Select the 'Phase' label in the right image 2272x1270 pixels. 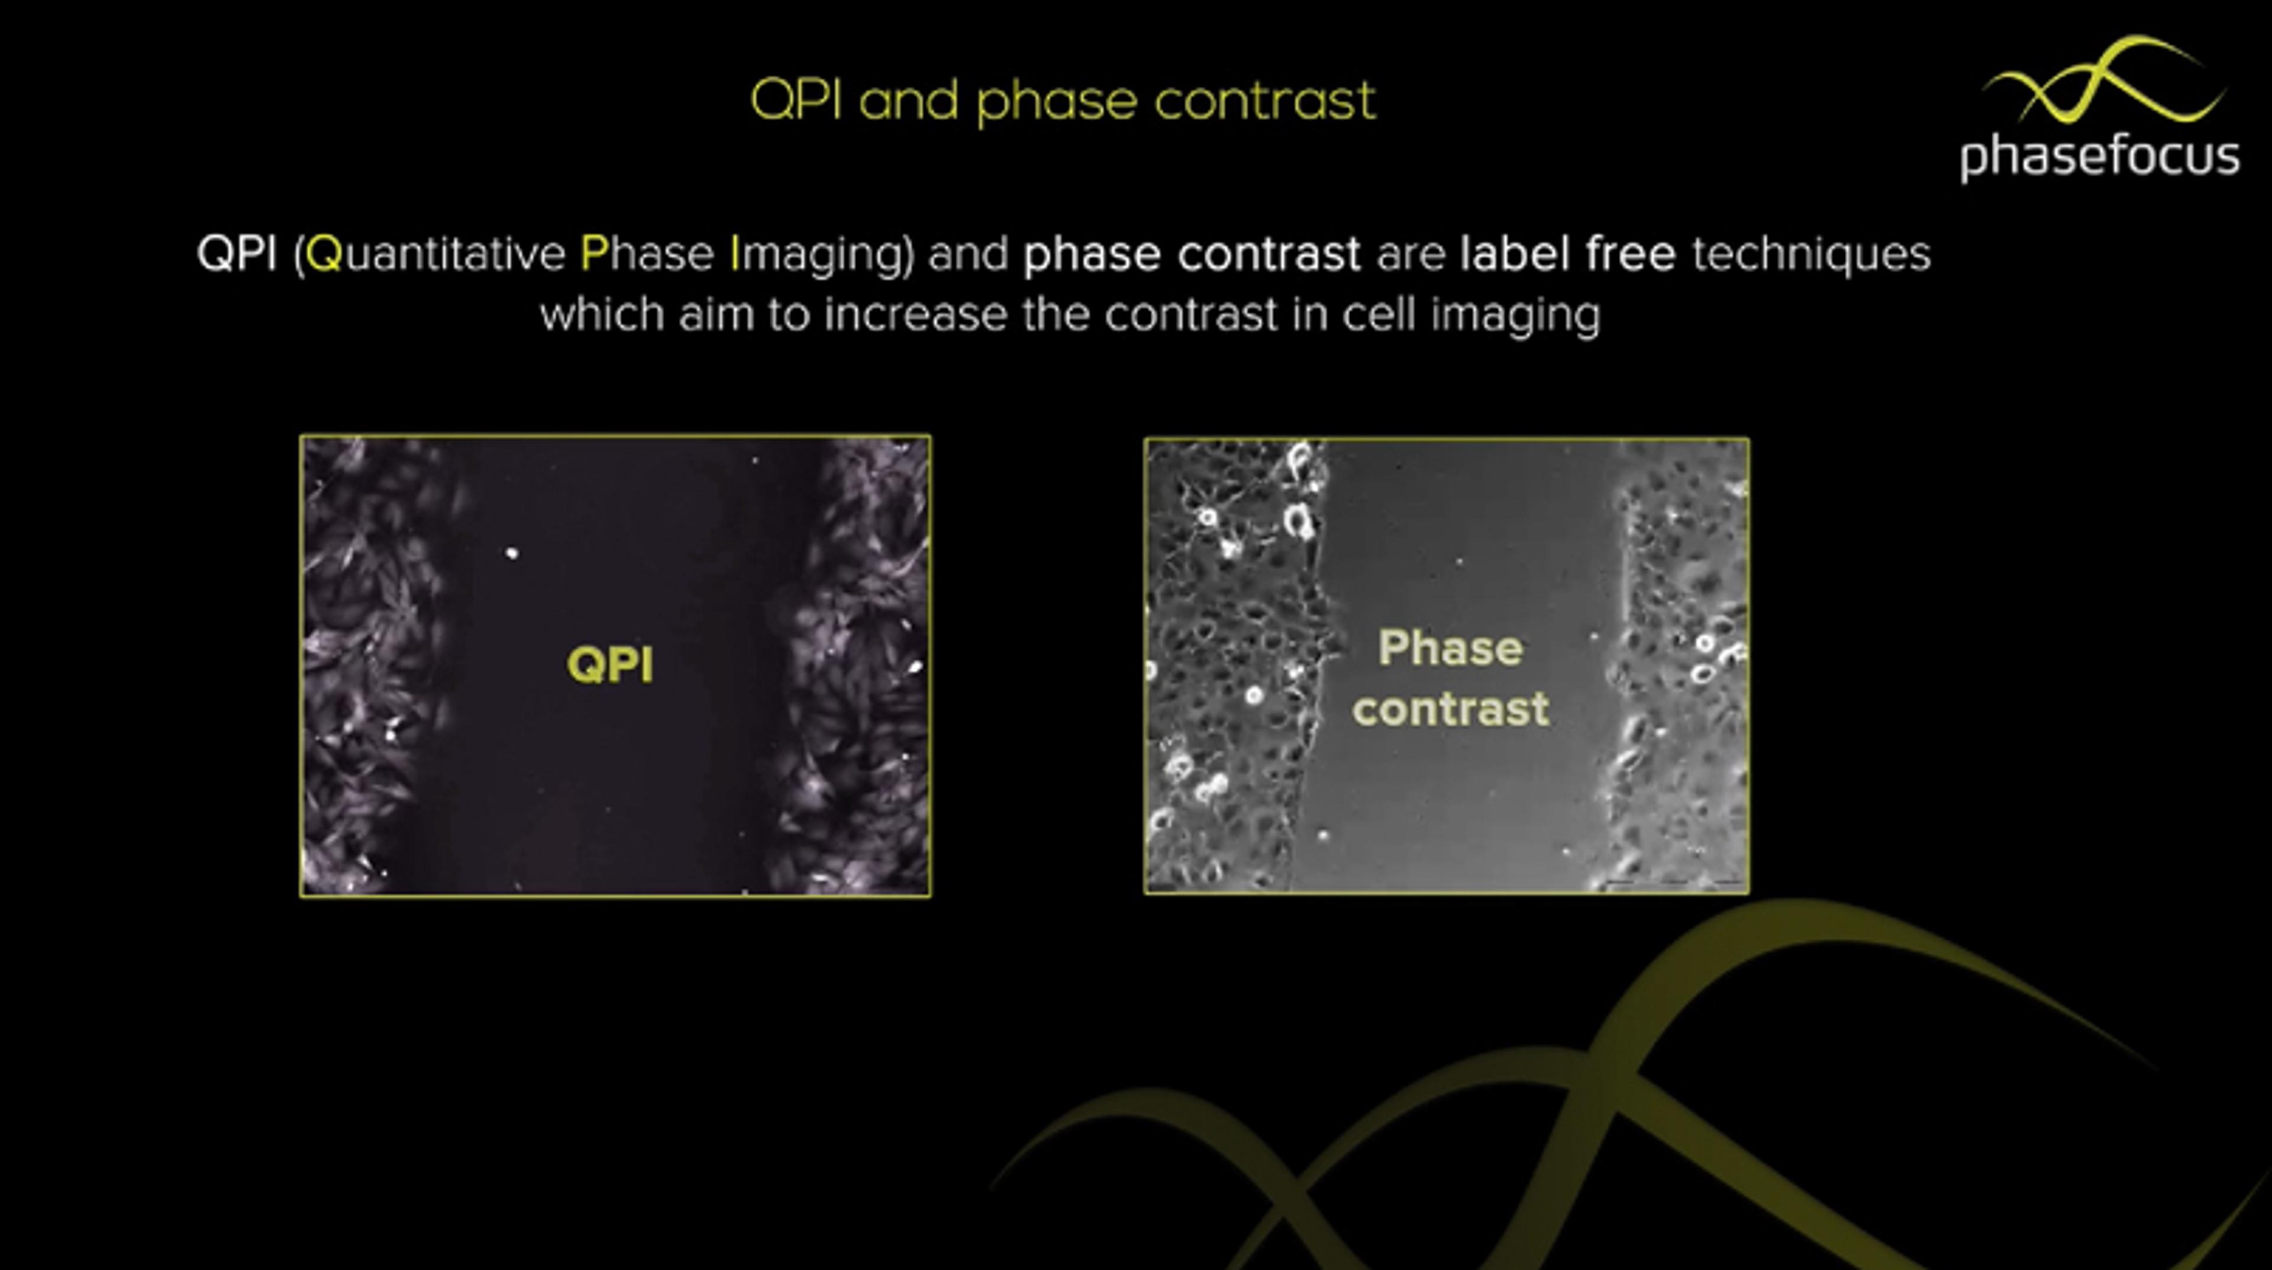click(x=1450, y=649)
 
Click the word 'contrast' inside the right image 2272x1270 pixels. click(x=1451, y=709)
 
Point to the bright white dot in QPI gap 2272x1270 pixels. click(x=512, y=553)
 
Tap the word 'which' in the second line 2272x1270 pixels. click(x=602, y=314)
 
